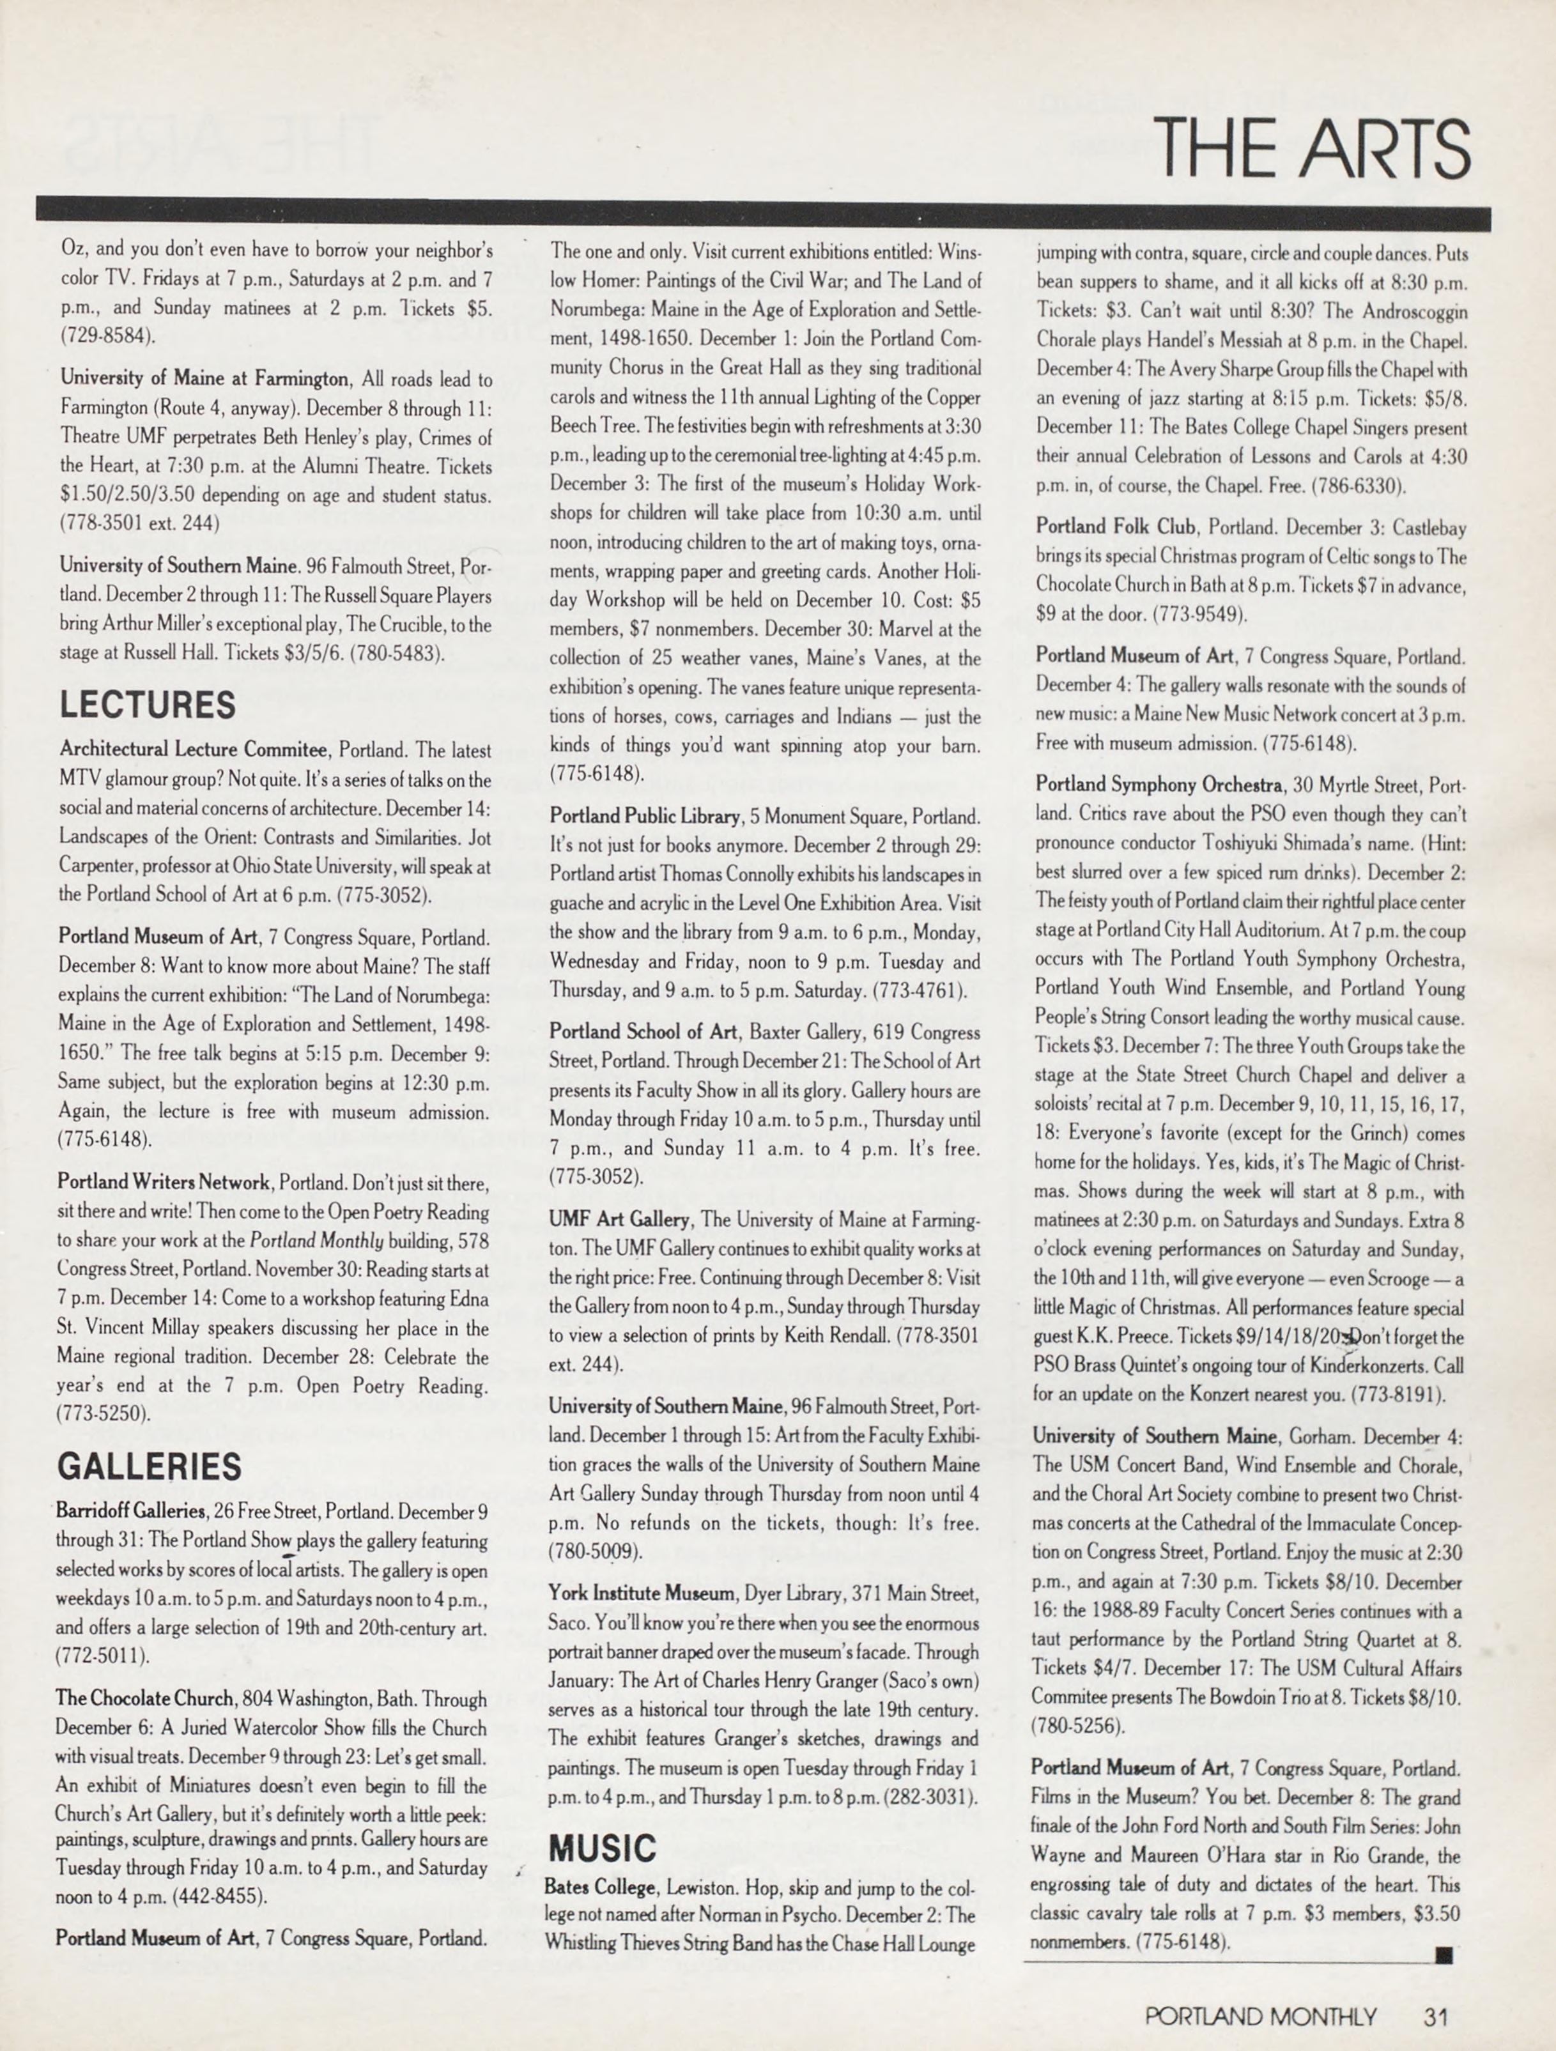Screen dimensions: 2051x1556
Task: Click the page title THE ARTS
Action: coord(1314,148)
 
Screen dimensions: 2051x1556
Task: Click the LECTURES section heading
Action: coord(148,705)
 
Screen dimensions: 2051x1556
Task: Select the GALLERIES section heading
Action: coord(150,1467)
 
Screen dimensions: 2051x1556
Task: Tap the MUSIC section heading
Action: coord(603,1848)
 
